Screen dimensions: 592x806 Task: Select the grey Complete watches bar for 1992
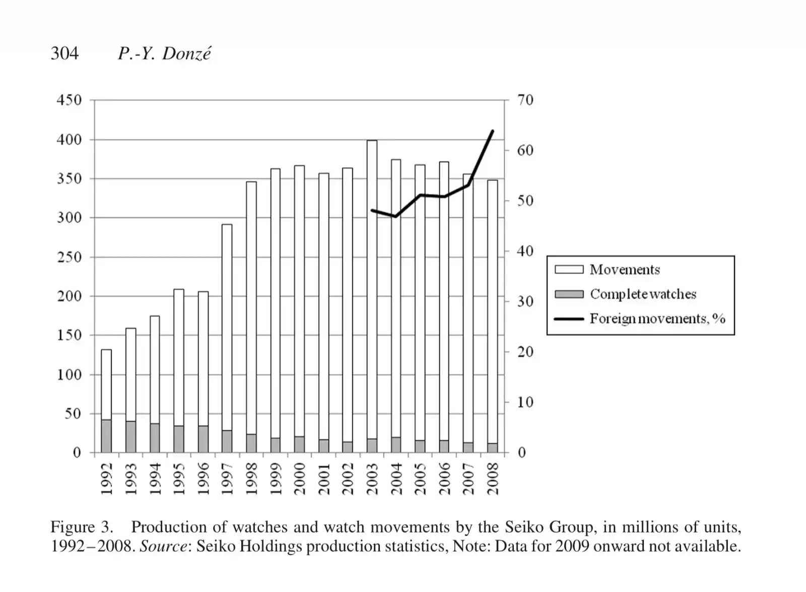click(106, 436)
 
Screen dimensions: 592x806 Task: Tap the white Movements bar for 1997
click(227, 327)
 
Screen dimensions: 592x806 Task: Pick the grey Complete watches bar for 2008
click(492, 448)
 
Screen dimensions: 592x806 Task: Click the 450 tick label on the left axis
click(69, 100)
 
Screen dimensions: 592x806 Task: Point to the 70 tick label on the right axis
click(525, 100)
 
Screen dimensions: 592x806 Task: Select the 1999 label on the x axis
click(276, 479)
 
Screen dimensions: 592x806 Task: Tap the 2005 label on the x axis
click(420, 479)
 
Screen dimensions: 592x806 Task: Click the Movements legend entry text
click(625, 270)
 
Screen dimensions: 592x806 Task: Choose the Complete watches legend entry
click(643, 294)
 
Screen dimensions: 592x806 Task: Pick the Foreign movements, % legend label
click(657, 318)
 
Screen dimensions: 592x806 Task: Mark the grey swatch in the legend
click(569, 294)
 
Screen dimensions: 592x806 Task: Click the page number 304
click(64, 53)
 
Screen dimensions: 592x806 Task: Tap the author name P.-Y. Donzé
click(164, 53)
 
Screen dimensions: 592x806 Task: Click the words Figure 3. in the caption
click(82, 527)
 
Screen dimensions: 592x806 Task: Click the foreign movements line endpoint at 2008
click(492, 131)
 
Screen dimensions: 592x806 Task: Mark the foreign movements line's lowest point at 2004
click(396, 216)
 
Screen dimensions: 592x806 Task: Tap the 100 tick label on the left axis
click(69, 374)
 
